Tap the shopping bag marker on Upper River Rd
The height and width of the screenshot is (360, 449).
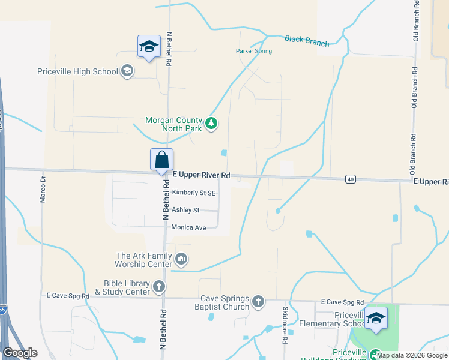click(x=161, y=161)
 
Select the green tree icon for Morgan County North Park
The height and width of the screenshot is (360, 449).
click(x=211, y=124)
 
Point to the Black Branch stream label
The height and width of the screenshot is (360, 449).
click(x=307, y=41)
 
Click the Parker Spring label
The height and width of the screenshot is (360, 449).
click(x=253, y=51)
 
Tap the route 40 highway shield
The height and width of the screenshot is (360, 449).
click(x=351, y=179)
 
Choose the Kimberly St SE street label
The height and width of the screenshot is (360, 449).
click(x=194, y=193)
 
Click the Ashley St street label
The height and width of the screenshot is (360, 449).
click(x=185, y=210)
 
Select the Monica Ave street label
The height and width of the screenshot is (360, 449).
click(x=188, y=227)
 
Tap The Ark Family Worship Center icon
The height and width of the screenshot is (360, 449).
click(x=181, y=259)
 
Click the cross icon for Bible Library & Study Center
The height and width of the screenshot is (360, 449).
click(x=159, y=287)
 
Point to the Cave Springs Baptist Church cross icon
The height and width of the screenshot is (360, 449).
click(x=258, y=301)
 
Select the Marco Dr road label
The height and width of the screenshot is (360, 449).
click(x=43, y=189)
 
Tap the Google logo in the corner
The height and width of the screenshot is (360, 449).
click(x=20, y=353)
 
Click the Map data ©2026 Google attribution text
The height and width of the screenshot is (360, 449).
click(x=412, y=355)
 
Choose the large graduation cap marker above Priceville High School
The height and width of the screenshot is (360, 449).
click(x=148, y=47)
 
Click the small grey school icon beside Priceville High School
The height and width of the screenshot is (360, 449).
click(x=127, y=72)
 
